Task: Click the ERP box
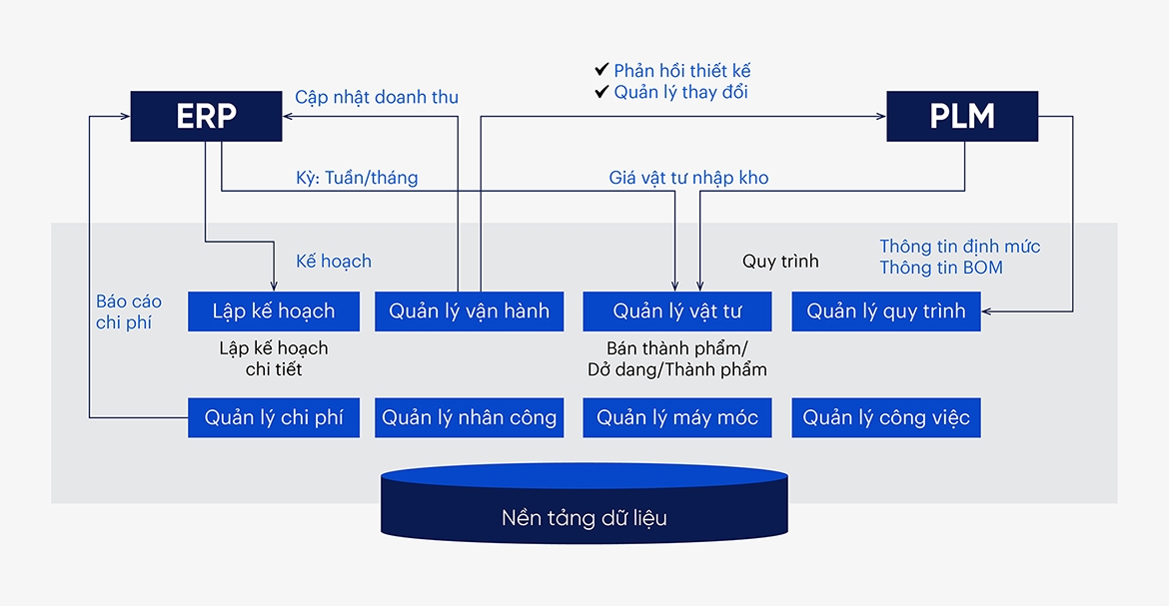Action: (206, 117)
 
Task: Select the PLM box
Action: (962, 117)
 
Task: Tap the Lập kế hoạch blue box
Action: (273, 311)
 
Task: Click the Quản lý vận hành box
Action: (469, 311)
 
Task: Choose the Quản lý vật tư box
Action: (676, 311)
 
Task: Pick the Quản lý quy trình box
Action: (885, 311)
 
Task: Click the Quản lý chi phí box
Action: (273, 417)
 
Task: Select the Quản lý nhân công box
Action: (469, 417)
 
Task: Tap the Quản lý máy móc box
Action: (676, 417)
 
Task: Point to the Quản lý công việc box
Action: (885, 417)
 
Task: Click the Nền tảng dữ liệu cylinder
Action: (584, 509)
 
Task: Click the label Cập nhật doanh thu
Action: (377, 97)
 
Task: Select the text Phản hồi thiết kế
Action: (681, 70)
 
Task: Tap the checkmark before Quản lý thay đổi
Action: (601, 92)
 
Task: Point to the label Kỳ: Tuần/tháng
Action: (357, 178)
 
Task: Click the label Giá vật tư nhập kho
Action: (688, 178)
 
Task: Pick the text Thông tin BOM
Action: (940, 268)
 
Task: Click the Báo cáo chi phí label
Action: (128, 311)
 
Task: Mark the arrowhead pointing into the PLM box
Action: (880, 117)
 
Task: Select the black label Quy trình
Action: (780, 262)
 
